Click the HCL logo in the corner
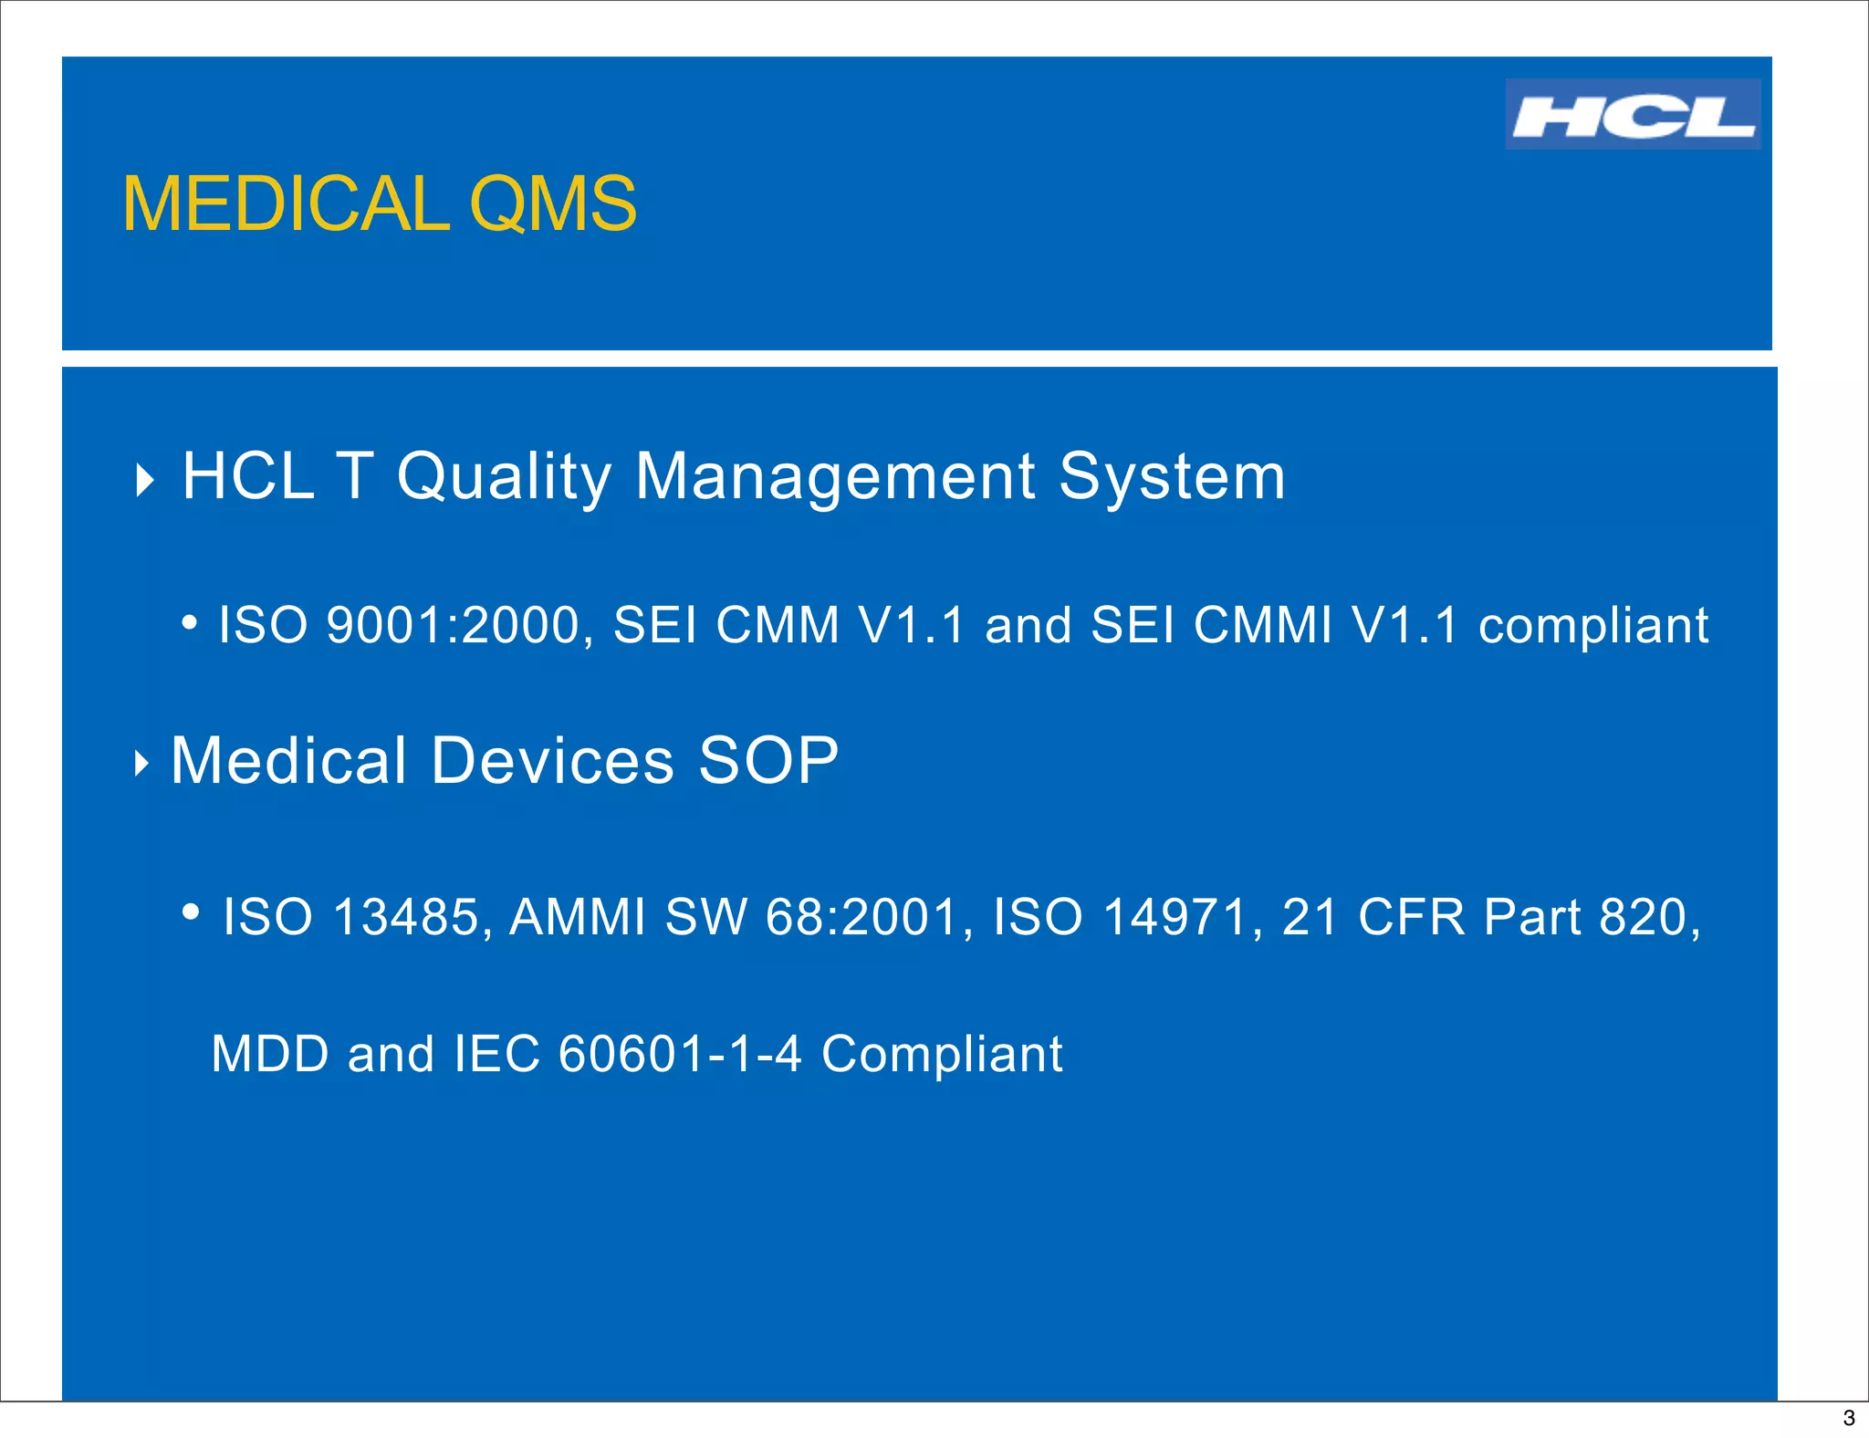click(x=1632, y=115)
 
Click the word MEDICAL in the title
click(x=286, y=204)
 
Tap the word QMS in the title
click(x=552, y=204)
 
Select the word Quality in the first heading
click(x=503, y=477)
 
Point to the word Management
click(x=835, y=477)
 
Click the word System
click(x=1172, y=477)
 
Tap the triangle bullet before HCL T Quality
click(x=144, y=480)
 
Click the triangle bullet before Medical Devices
click(x=141, y=763)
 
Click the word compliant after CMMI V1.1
click(x=1592, y=626)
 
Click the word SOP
click(x=767, y=761)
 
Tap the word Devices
click(x=552, y=761)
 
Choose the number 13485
click(x=406, y=917)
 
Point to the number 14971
click(x=1175, y=917)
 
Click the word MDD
click(x=270, y=1054)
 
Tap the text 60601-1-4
click(x=680, y=1054)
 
